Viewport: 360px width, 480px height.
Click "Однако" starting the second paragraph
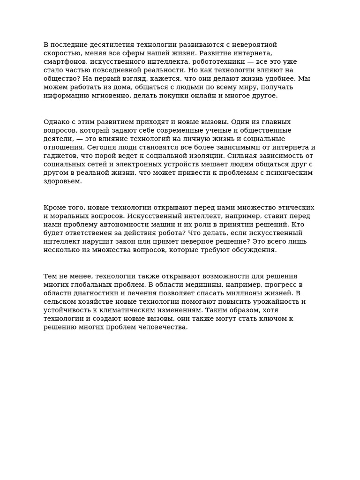[x=55, y=122]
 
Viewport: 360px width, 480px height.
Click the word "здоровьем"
[x=62, y=181]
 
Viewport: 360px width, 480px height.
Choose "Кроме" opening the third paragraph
[x=55, y=208]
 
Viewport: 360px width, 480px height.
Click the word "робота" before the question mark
[x=167, y=233]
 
